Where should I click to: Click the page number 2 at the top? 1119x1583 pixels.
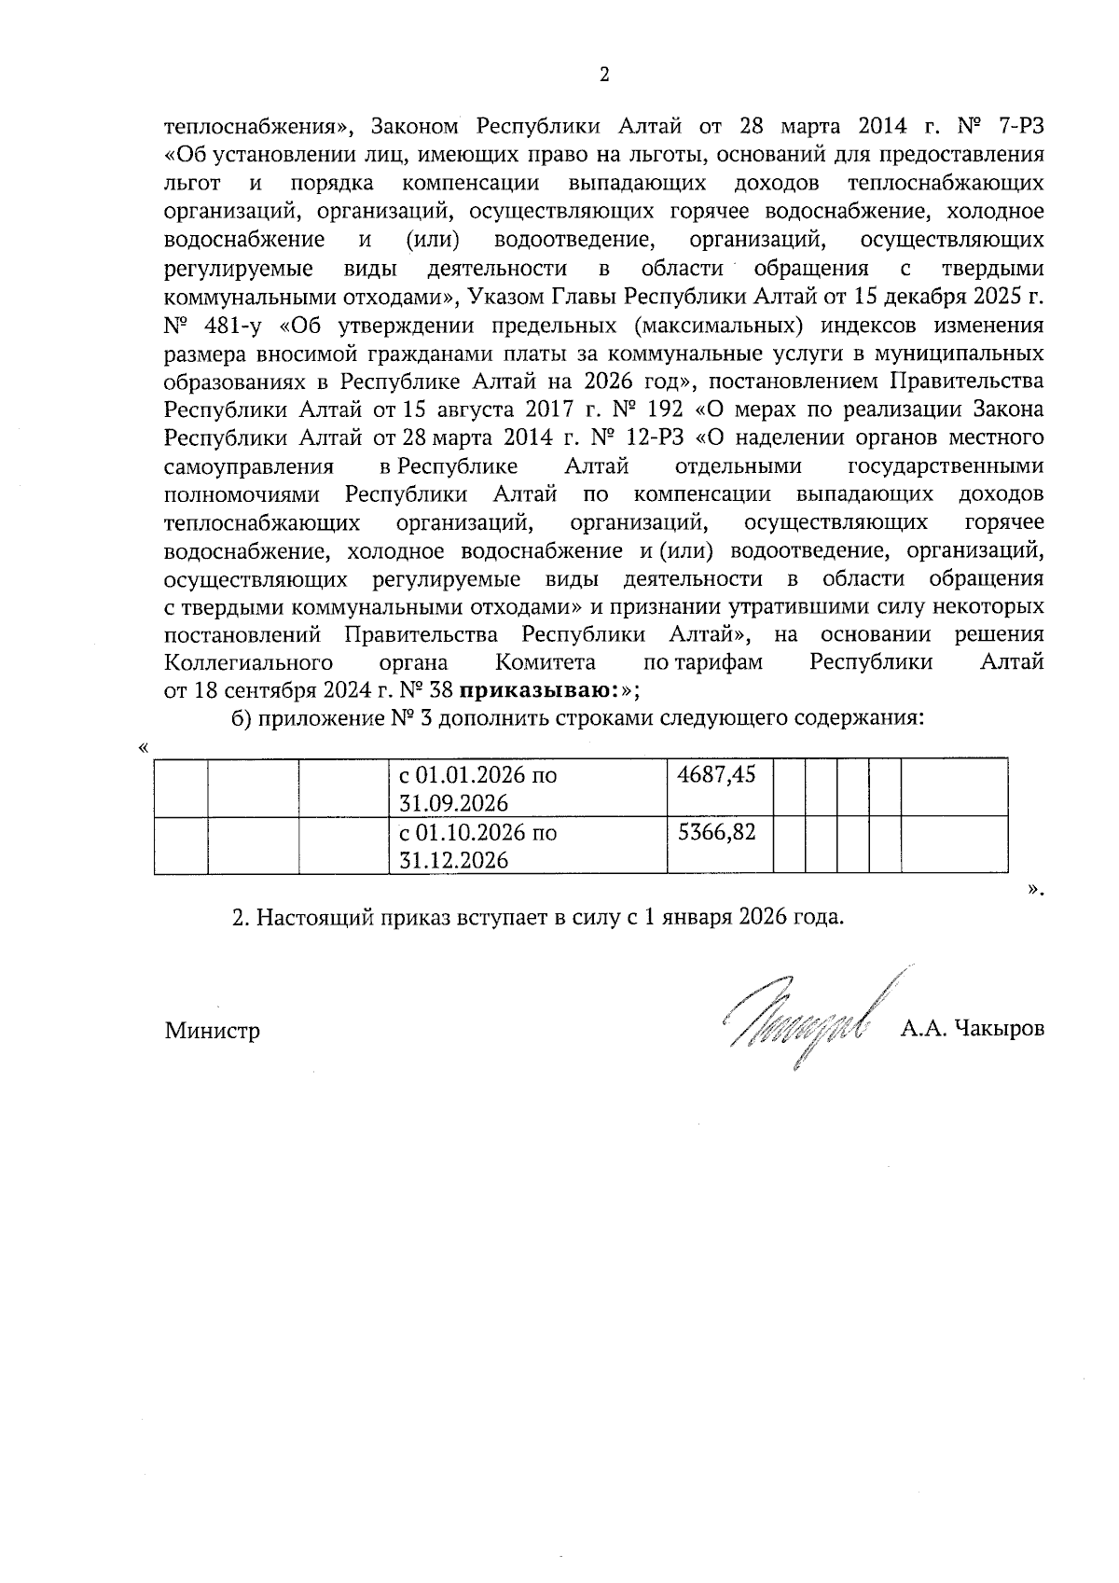coord(603,75)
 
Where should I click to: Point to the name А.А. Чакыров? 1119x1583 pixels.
coord(972,1029)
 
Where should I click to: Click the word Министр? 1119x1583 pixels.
coord(213,1031)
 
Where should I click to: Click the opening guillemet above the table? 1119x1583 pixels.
coord(142,748)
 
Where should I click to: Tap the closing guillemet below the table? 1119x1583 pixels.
coord(1033,888)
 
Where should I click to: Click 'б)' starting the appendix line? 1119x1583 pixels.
coord(241,719)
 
